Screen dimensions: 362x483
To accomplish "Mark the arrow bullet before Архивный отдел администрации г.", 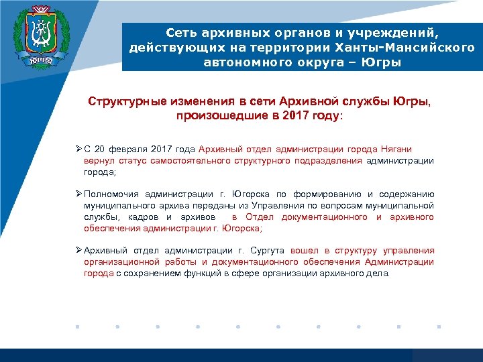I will click(x=78, y=251).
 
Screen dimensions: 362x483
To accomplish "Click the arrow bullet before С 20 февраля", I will click(x=78, y=149).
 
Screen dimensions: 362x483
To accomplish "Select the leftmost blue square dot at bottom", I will click(x=77, y=327).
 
